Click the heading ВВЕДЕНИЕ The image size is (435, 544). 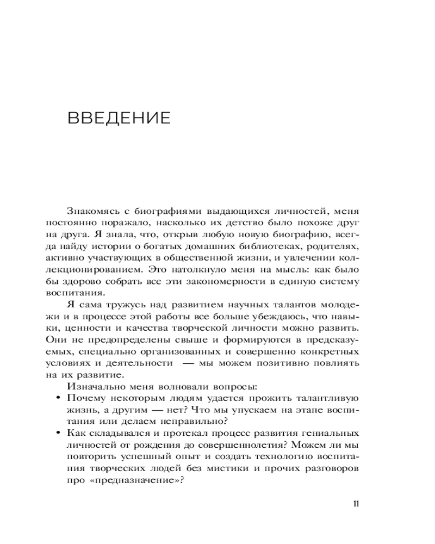click(120, 118)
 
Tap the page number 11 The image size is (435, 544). click(356, 503)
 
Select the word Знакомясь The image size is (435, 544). click(94, 211)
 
